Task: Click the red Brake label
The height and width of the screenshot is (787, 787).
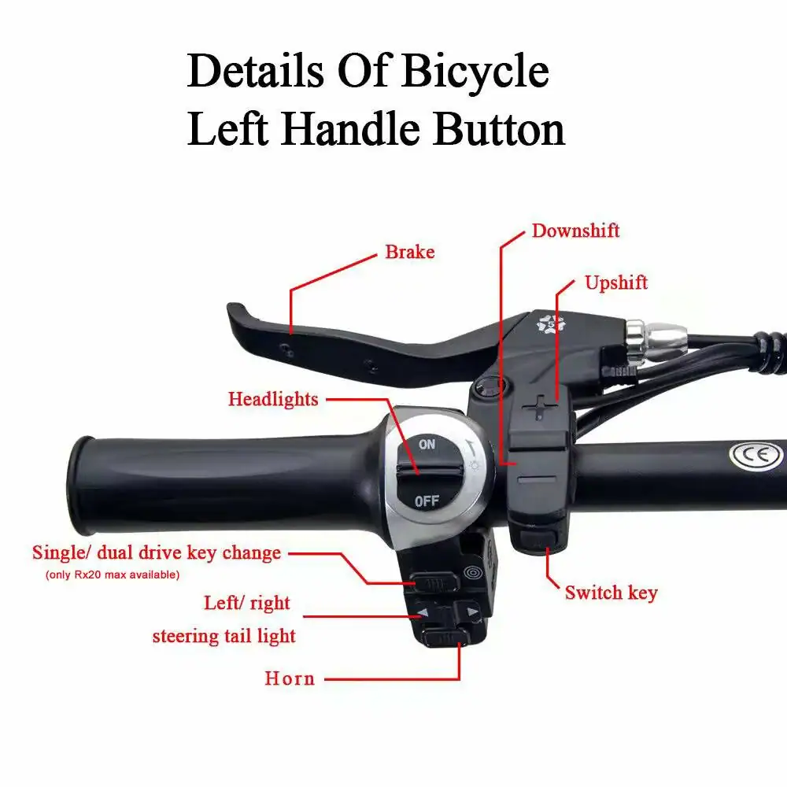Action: click(x=409, y=252)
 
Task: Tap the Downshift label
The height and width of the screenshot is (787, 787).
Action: click(x=576, y=231)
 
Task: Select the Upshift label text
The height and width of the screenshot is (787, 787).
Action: click(x=616, y=283)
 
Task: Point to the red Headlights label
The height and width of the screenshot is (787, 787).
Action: click(x=273, y=400)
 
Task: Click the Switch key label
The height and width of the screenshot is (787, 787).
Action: click(x=611, y=593)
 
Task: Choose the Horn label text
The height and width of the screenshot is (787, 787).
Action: click(x=290, y=678)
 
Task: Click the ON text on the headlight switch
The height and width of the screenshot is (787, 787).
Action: click(x=427, y=444)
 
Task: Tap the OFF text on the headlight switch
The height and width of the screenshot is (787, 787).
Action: click(x=427, y=501)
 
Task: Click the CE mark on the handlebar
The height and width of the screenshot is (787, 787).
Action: click(x=756, y=455)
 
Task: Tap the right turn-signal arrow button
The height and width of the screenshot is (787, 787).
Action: click(x=471, y=611)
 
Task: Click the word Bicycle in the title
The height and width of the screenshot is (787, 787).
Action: click(x=475, y=72)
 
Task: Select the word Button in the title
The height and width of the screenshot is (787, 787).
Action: click(x=499, y=129)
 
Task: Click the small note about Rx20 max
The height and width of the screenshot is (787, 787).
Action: click(x=113, y=575)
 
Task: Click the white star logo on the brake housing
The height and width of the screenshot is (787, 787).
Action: click(x=551, y=323)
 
